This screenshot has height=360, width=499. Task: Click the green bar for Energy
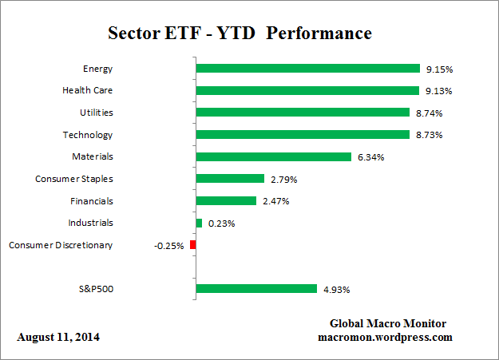coord(307,69)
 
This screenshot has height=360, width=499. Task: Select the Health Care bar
coord(307,90)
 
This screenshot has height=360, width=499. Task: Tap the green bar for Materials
coord(273,156)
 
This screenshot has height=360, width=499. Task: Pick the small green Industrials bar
coord(199,223)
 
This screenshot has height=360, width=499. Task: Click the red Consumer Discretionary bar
coord(192,245)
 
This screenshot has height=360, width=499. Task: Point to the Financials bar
coord(225,201)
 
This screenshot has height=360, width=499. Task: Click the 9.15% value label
coord(439,69)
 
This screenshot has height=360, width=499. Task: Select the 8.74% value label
coord(429,113)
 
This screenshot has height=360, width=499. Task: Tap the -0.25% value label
coord(168,246)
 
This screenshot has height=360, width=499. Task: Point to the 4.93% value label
coord(335,289)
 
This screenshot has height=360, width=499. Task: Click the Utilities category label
coord(96,113)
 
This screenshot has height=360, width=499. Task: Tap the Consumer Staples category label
coord(74,179)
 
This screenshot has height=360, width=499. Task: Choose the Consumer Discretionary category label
coord(61,245)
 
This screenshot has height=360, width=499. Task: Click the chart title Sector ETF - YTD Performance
coord(240,34)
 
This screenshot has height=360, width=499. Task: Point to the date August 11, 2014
coord(58,337)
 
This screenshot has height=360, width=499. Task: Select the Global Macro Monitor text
coord(389,323)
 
